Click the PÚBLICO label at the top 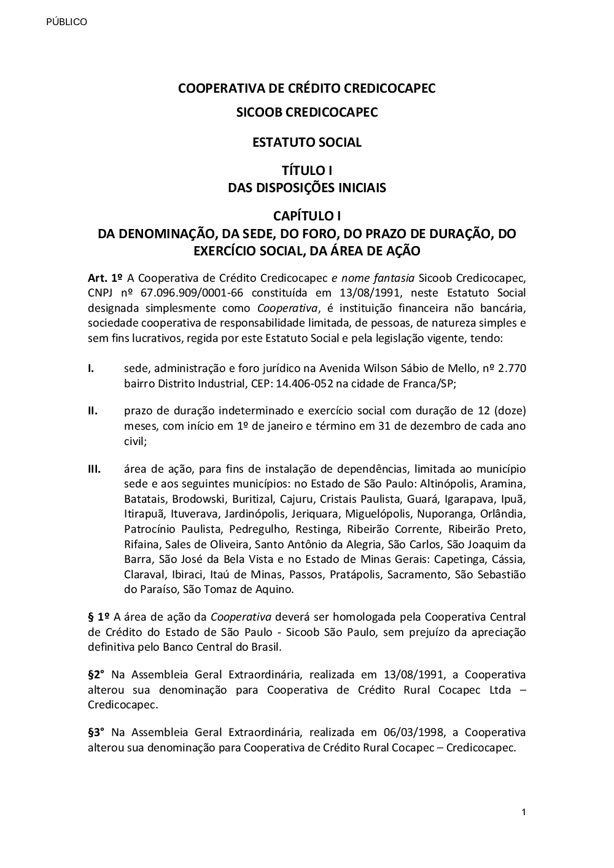(x=67, y=22)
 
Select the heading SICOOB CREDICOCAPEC (x=306, y=113)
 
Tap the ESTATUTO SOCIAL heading (x=306, y=142)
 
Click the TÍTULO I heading (x=306, y=171)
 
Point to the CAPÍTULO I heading (x=306, y=216)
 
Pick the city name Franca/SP (x=428, y=384)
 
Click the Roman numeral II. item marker (x=93, y=411)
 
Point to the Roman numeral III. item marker (x=95, y=469)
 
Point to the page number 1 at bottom (x=523, y=813)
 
